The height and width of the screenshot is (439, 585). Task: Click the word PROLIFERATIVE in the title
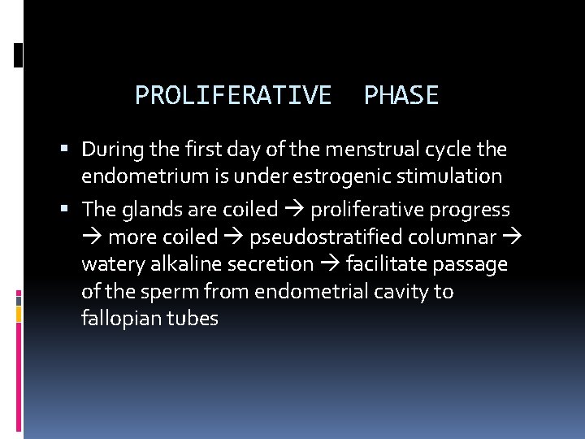[x=233, y=96]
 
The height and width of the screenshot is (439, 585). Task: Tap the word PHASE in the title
[x=401, y=96]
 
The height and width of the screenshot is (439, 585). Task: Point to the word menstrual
[x=371, y=150]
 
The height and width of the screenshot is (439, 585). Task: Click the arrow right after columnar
[x=513, y=237]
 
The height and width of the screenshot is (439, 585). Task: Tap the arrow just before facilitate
[x=330, y=264]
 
